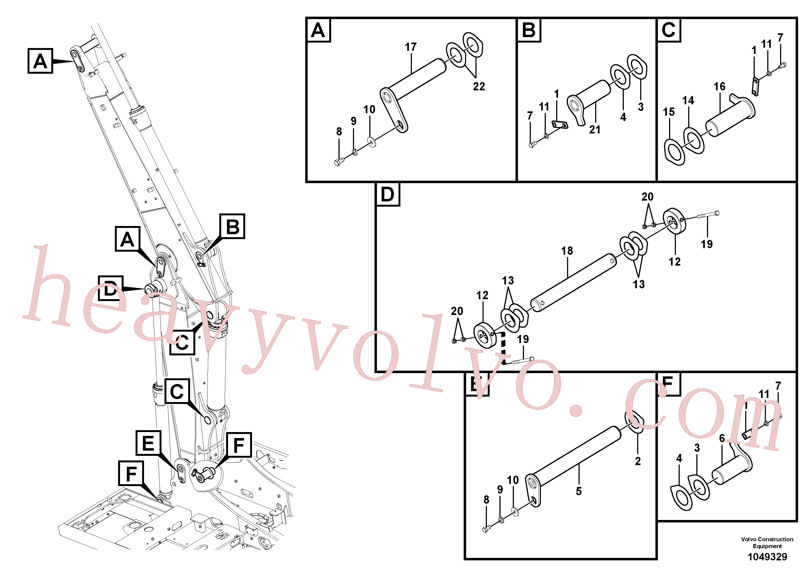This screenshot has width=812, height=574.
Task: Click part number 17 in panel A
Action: coord(411,47)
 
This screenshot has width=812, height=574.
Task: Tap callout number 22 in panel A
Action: coord(479,86)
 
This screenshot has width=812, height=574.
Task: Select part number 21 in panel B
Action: coord(595,130)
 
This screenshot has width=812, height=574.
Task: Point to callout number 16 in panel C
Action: coord(719,86)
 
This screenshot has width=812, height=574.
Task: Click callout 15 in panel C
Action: coord(669,112)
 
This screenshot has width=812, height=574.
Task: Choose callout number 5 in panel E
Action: coord(579,491)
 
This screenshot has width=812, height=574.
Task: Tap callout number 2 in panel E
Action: coord(638,461)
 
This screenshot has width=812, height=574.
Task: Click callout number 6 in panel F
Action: coord(722,438)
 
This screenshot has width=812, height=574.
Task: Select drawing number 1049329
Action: coord(767,557)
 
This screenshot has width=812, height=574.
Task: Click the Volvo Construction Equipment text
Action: coord(767,543)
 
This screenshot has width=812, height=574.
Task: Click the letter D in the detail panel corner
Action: coord(387,194)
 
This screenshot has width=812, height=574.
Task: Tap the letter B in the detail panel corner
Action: coord(529,30)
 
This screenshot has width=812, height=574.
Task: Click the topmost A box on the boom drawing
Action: coord(40,61)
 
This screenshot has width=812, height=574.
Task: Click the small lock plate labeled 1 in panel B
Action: coord(560,124)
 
